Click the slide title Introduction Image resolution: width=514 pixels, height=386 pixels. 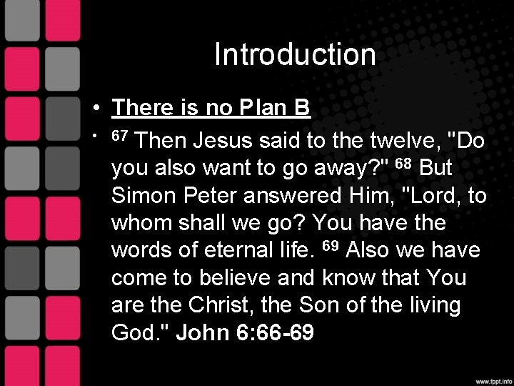coord(295,56)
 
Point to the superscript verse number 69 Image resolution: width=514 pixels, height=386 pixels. coord(328,247)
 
